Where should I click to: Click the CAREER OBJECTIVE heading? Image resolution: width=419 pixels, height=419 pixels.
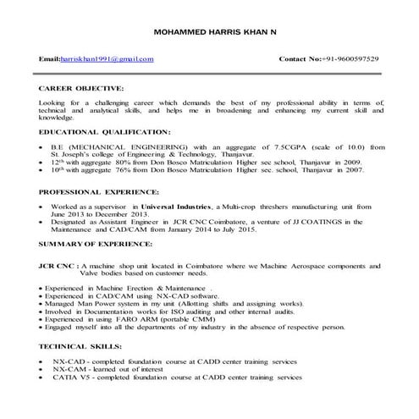pos(80,87)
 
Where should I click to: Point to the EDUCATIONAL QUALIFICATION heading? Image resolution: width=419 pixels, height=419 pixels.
pos(104,132)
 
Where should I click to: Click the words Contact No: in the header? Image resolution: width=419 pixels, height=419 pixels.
pos(304,59)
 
